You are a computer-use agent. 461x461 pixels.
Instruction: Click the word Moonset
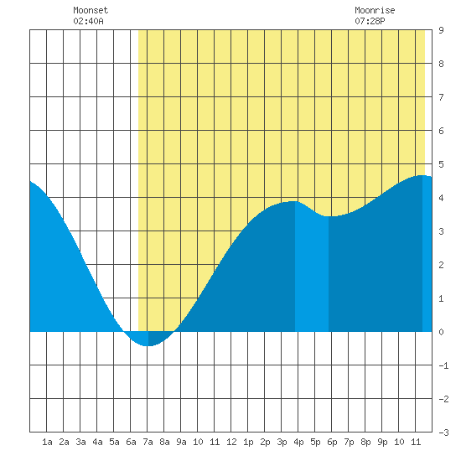point(91,10)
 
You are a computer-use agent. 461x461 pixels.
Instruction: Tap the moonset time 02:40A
point(88,21)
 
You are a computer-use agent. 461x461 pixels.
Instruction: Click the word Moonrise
point(375,10)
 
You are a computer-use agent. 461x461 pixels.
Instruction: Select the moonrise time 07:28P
point(370,21)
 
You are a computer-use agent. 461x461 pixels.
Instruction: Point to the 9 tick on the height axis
point(441,30)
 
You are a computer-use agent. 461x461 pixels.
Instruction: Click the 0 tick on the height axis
point(441,332)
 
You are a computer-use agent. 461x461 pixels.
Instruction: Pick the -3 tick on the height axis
point(443,433)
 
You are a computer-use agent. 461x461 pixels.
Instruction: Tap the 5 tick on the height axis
point(441,164)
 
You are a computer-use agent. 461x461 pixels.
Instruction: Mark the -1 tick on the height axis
point(443,365)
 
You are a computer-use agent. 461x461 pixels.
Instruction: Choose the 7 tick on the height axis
point(441,97)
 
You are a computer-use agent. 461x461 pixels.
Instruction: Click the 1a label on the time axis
point(47,442)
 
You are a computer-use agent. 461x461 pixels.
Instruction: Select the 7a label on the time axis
point(148,442)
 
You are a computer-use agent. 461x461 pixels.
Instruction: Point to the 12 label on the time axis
point(231,442)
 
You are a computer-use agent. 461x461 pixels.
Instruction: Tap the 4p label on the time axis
point(298,442)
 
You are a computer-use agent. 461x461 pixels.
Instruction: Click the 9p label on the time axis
point(382,442)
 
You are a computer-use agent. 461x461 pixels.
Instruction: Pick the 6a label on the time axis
point(131,442)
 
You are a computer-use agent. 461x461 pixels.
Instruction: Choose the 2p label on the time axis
point(265,442)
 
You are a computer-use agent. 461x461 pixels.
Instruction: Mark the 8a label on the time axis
point(164,442)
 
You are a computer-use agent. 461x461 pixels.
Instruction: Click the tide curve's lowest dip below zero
point(148,345)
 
